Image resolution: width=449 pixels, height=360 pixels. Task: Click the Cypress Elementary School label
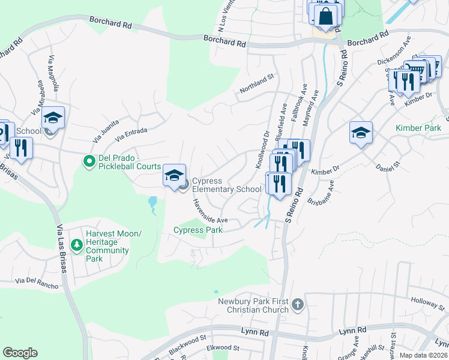[226, 185]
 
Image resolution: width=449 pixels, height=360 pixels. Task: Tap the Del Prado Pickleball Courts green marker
[89, 161]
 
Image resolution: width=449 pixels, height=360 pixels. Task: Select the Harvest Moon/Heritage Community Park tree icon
[76, 244]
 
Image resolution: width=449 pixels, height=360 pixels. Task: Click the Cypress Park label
[198, 230]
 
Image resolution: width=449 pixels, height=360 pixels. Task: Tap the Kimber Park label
[418, 128]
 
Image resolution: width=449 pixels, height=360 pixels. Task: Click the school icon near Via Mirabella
[53, 118]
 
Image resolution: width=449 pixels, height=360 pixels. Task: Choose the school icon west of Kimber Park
[361, 133]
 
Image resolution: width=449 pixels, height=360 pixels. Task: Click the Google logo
[20, 353]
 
